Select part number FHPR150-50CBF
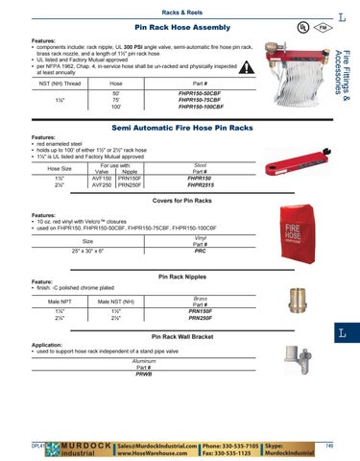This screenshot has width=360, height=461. (x=201, y=93)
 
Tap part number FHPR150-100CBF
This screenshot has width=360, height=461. (x=201, y=109)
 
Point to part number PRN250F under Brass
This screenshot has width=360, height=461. (x=201, y=318)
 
